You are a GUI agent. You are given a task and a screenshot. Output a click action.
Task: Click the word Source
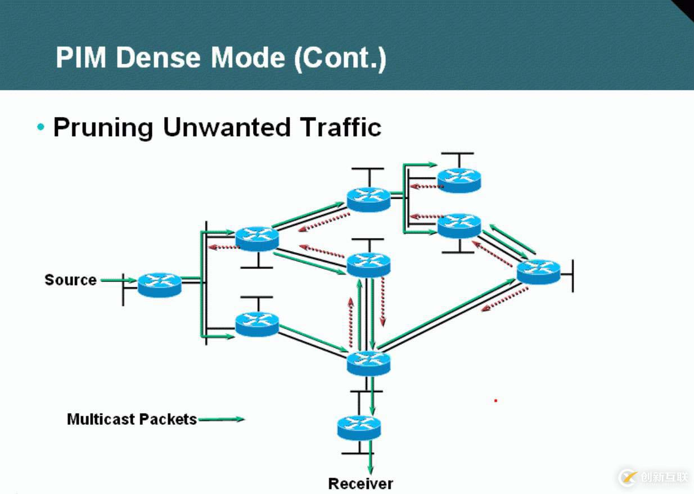(70, 280)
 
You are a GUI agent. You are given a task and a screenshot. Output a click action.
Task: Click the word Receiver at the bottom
(360, 483)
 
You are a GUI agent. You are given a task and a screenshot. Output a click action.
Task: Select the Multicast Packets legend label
(132, 419)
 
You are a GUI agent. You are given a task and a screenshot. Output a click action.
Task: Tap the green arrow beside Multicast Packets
(222, 419)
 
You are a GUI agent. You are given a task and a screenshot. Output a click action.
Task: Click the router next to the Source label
(160, 285)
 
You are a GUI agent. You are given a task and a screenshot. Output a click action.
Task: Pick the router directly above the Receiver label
(359, 428)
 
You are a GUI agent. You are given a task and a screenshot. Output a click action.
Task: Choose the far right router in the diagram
(538, 272)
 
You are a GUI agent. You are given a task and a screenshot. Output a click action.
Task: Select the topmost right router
(459, 179)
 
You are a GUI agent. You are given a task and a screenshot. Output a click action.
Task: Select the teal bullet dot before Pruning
(40, 127)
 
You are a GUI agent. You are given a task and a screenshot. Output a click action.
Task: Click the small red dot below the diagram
(495, 401)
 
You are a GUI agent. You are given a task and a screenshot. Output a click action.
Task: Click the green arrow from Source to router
(118, 280)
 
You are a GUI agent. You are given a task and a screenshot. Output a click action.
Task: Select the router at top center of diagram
(368, 199)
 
